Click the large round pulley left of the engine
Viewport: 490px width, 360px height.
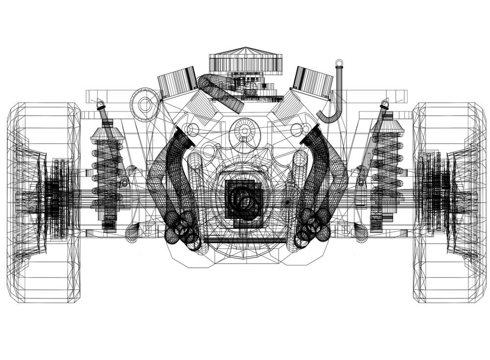coord(146,104)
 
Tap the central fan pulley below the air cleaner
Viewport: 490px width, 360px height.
coord(244,130)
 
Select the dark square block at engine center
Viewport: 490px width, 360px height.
coord(244,199)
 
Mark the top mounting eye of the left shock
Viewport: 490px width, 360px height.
coord(100,104)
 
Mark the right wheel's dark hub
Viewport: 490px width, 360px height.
coord(437,196)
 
